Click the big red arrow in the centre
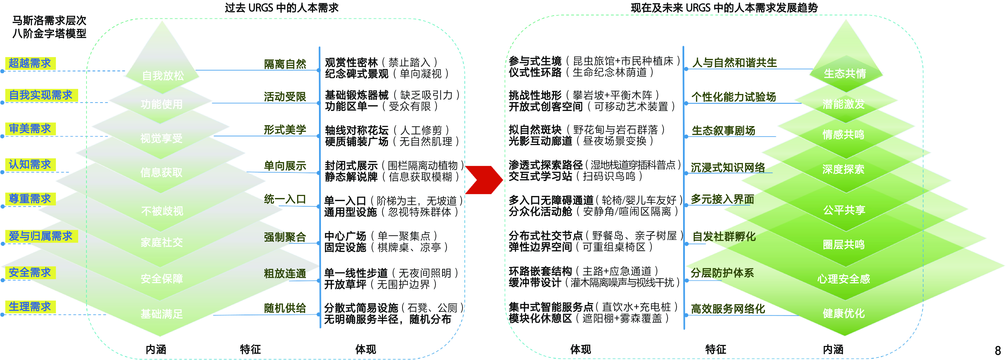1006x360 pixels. [x=483, y=180]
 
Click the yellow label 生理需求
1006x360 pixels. [x=30, y=307]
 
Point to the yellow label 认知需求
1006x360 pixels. [x=30, y=164]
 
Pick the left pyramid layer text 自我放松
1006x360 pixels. [x=162, y=75]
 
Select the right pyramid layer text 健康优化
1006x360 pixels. [x=844, y=313]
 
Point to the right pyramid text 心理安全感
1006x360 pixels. [x=844, y=279]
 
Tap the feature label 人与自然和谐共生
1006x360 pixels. [x=734, y=62]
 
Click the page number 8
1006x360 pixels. [x=997, y=350]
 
